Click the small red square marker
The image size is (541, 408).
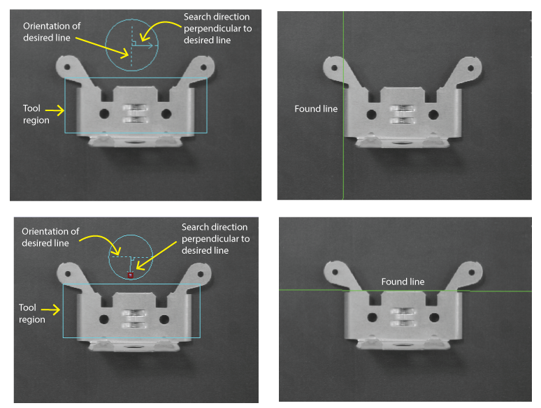(x=131, y=275)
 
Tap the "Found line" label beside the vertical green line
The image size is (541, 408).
(x=316, y=109)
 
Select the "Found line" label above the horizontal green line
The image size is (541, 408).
(x=403, y=282)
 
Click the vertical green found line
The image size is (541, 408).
(x=343, y=105)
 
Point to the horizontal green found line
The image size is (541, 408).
(x=405, y=291)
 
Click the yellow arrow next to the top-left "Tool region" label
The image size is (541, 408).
(x=55, y=110)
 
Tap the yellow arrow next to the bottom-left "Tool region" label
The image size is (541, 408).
(x=51, y=309)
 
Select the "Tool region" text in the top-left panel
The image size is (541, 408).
(x=36, y=114)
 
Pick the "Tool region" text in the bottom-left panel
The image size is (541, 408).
(x=31, y=314)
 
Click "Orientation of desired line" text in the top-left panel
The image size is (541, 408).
(x=52, y=31)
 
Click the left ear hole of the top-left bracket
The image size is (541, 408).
(x=67, y=67)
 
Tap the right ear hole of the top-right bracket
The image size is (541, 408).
(x=470, y=68)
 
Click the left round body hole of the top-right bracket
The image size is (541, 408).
(x=371, y=114)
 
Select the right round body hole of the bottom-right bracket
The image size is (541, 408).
(x=433, y=317)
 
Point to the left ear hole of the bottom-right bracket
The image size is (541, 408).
(x=335, y=272)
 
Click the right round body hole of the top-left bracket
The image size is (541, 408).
(x=166, y=113)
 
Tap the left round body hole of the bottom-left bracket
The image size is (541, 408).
(x=104, y=319)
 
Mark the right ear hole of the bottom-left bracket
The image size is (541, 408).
(x=201, y=274)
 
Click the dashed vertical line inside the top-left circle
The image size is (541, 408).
(x=131, y=45)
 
